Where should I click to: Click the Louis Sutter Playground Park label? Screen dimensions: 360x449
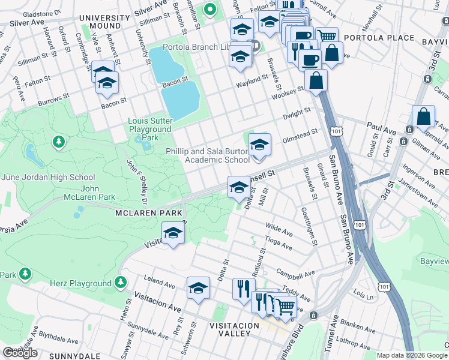coord(149,129)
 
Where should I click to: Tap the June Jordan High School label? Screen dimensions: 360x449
coord(48,177)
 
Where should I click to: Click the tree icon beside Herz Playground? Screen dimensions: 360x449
coord(121,281)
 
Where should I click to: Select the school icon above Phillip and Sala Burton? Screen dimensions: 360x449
coord(259,145)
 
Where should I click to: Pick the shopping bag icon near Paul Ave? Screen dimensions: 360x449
coord(424,116)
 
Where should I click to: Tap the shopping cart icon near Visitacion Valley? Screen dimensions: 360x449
coord(285,307)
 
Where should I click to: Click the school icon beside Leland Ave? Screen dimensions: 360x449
coord(197,288)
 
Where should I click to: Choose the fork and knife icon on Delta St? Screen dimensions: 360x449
coord(244,289)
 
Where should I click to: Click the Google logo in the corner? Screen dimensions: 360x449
coord(20,353)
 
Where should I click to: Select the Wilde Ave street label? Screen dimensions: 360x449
coord(279,229)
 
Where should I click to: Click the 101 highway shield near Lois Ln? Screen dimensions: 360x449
coord(384,285)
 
